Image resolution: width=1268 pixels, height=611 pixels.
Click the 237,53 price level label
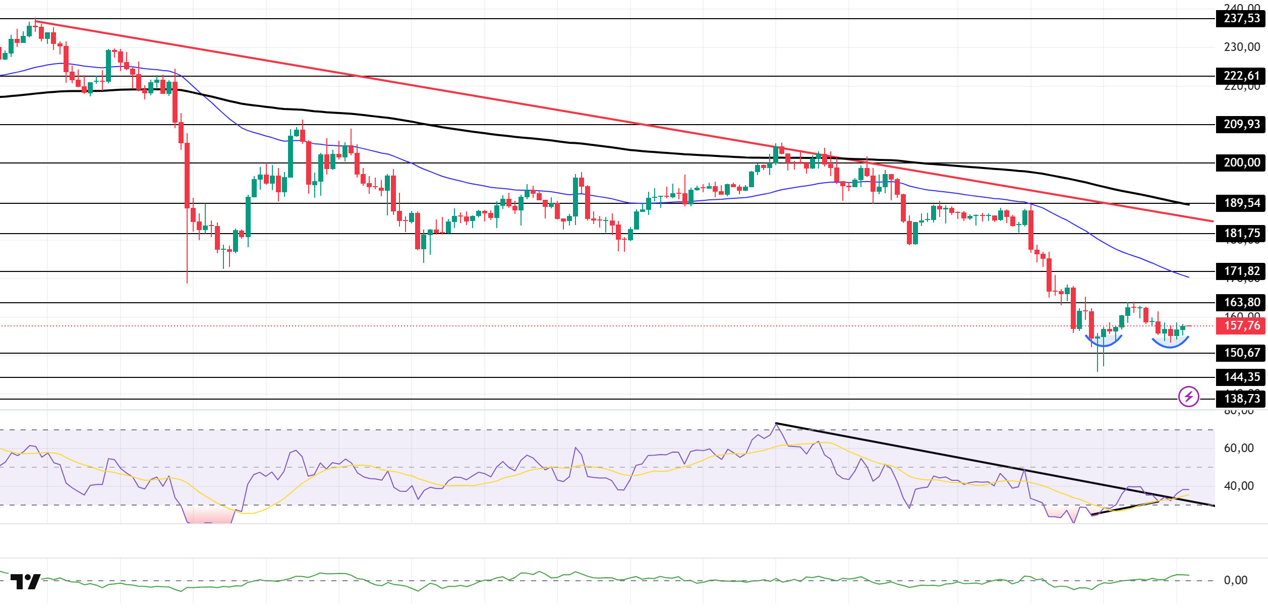[x=1241, y=19]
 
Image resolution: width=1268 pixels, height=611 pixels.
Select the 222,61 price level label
[x=1241, y=76]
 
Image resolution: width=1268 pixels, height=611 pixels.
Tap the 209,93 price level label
[x=1241, y=125]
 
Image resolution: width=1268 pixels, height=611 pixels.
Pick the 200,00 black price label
[x=1241, y=163]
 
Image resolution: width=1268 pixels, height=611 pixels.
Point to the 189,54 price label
[x=1241, y=203]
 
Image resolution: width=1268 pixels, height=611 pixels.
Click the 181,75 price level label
[x=1241, y=234]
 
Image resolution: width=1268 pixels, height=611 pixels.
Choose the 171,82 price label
[x=1241, y=271]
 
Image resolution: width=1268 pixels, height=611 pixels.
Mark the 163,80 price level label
[x=1241, y=303]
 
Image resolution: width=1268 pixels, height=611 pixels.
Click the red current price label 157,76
[x=1241, y=326]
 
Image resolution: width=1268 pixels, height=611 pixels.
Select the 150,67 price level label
[x=1241, y=353]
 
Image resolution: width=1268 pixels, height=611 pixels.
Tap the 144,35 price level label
[x=1241, y=377]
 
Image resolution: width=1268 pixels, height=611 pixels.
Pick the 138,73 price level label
[x=1241, y=399]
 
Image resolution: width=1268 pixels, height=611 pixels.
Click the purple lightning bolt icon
[x=1188, y=397]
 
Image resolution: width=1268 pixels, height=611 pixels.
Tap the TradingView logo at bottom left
[x=25, y=582]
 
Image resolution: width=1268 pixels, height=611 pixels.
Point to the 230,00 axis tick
[x=1242, y=47]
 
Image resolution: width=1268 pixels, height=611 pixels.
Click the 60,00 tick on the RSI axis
[x=1239, y=449]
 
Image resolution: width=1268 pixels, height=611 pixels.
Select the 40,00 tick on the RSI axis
[x=1239, y=486]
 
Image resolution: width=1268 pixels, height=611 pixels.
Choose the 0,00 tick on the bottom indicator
[x=1236, y=581]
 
